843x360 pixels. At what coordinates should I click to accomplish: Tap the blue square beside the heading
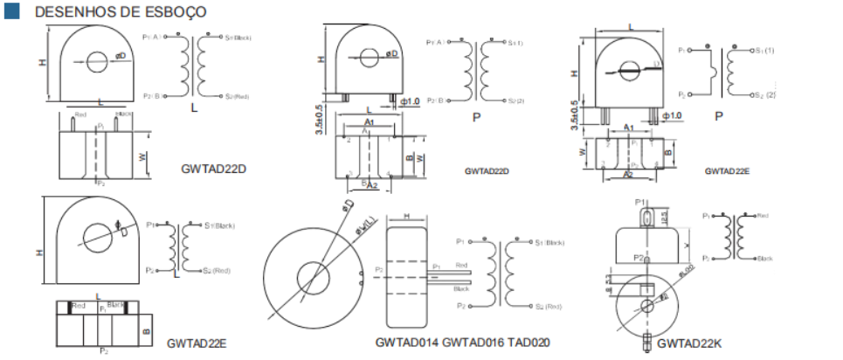11,12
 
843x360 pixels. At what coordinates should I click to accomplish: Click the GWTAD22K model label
689,343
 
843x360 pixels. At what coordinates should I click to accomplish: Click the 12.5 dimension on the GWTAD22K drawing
666,216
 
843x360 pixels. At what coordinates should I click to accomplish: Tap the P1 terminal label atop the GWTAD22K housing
640,201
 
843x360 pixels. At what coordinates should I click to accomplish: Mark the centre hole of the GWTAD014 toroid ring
312,280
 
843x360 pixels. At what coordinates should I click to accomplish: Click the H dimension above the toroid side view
407,217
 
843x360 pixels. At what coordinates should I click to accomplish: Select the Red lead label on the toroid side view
462,266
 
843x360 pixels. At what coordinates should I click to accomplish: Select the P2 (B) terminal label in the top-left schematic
150,96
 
